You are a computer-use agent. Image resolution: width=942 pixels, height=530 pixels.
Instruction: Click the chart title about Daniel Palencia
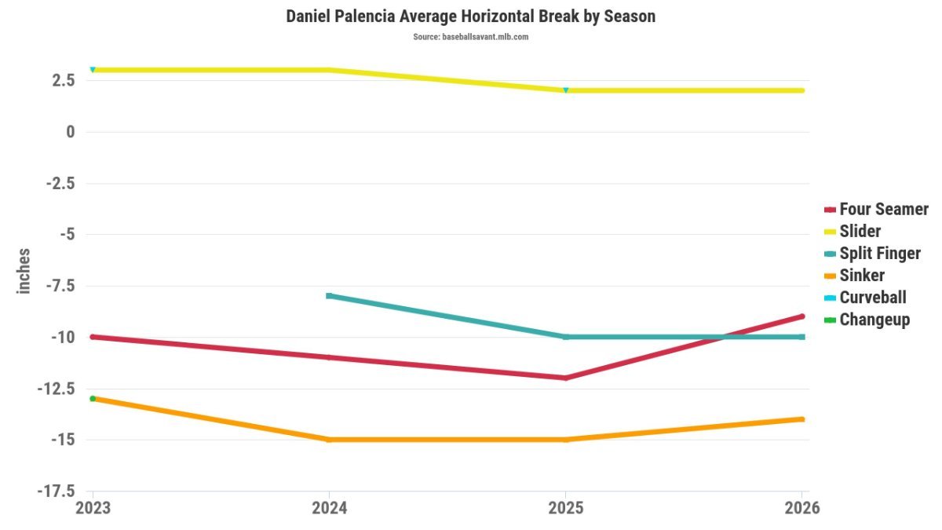click(470, 16)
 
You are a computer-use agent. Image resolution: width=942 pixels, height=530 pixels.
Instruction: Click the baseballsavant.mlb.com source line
click(470, 37)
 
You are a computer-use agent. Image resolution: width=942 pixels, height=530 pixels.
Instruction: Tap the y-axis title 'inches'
click(24, 271)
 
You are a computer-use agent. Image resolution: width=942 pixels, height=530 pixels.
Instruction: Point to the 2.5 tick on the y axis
click(64, 80)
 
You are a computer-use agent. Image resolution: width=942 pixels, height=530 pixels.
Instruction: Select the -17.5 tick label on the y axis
click(56, 491)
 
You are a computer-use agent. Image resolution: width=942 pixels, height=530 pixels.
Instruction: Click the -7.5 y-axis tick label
click(60, 286)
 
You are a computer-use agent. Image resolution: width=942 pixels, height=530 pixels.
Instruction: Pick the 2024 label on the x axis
click(329, 508)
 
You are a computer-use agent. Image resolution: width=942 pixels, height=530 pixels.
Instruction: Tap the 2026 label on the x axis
click(802, 508)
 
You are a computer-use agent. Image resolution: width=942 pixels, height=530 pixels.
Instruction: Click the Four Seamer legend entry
click(876, 209)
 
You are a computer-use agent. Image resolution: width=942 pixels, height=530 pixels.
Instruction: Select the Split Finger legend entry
click(873, 253)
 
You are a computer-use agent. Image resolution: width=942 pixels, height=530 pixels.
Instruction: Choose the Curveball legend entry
click(865, 298)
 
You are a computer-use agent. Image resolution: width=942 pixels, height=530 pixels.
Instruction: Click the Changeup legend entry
click(867, 320)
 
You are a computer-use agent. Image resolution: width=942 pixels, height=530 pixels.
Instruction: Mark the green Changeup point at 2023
click(93, 398)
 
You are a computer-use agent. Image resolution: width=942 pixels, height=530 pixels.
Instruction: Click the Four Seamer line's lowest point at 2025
click(566, 378)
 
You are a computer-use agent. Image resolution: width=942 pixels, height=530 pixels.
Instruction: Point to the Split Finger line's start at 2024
click(329, 296)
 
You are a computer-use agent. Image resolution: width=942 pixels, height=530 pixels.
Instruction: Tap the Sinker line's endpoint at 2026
click(802, 419)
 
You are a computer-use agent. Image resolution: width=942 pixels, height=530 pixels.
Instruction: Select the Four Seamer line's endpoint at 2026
click(802, 316)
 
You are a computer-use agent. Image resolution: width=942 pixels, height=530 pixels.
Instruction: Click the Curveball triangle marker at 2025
click(566, 90)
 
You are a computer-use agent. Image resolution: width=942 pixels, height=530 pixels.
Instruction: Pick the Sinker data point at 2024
click(329, 440)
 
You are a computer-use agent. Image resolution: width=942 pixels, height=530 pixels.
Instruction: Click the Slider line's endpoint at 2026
click(802, 90)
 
